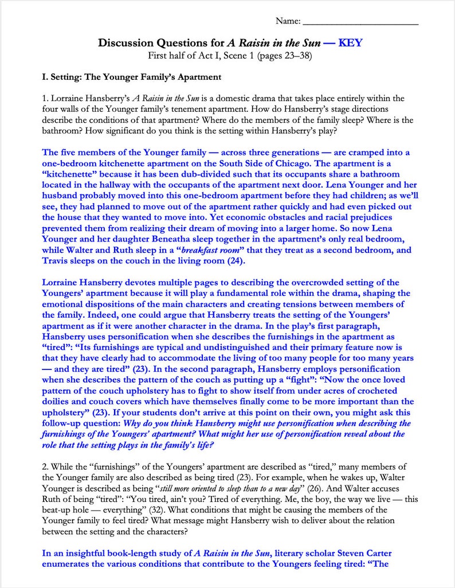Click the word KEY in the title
tap(350, 43)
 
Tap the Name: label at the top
tap(288, 21)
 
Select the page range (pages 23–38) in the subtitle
tap(284, 56)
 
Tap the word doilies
tap(57, 402)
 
